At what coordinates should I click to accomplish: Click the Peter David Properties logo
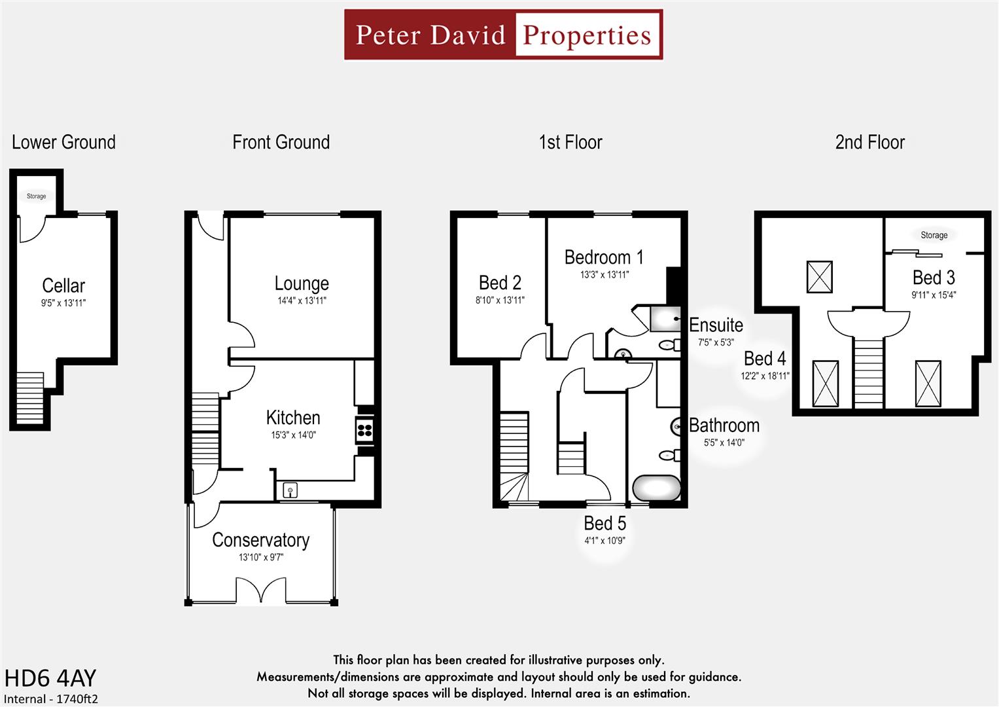click(x=503, y=35)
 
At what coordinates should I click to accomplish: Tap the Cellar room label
click(x=63, y=285)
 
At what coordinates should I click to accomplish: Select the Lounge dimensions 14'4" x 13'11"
click(x=302, y=301)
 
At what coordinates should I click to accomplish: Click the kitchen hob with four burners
click(x=364, y=430)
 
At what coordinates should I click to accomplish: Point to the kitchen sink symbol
click(x=290, y=490)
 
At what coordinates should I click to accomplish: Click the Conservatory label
click(x=260, y=540)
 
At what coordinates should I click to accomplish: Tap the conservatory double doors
click(x=260, y=590)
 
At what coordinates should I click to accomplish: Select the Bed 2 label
click(x=500, y=283)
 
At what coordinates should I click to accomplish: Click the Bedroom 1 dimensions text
click(x=604, y=275)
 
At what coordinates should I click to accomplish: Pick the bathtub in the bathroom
click(x=656, y=488)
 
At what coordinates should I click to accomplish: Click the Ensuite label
click(x=716, y=325)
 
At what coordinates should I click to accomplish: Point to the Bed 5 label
click(x=605, y=524)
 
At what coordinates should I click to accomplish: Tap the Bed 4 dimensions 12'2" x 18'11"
click(x=765, y=376)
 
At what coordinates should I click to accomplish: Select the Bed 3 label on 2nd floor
click(x=934, y=278)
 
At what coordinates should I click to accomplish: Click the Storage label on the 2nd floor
click(x=934, y=235)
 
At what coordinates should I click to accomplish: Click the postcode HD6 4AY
click(x=50, y=678)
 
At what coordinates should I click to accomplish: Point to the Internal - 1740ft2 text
click(x=51, y=698)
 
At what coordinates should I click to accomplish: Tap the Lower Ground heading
click(x=63, y=142)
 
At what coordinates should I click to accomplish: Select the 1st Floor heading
click(x=570, y=142)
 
